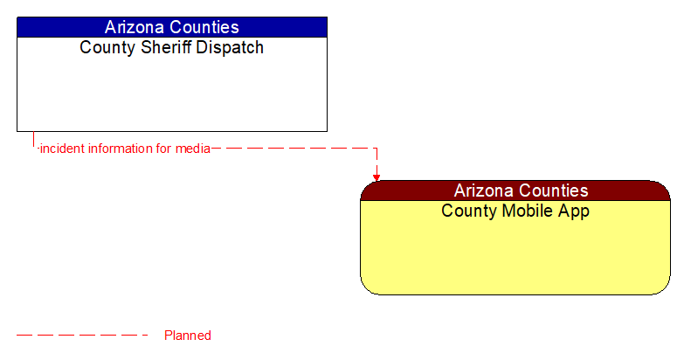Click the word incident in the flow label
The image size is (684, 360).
click(x=61, y=149)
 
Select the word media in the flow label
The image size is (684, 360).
click(x=192, y=149)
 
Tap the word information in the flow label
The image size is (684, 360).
click(x=119, y=149)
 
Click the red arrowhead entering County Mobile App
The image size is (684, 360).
click(x=377, y=177)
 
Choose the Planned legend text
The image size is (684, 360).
click(x=188, y=336)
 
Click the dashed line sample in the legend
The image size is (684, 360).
click(x=83, y=336)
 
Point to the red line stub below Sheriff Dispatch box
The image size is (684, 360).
click(x=33, y=140)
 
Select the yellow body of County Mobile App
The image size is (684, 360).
click(x=515, y=257)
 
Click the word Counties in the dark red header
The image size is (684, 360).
click(x=554, y=190)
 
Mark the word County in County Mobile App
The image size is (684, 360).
click(x=467, y=211)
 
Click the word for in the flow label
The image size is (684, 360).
click(x=163, y=149)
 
